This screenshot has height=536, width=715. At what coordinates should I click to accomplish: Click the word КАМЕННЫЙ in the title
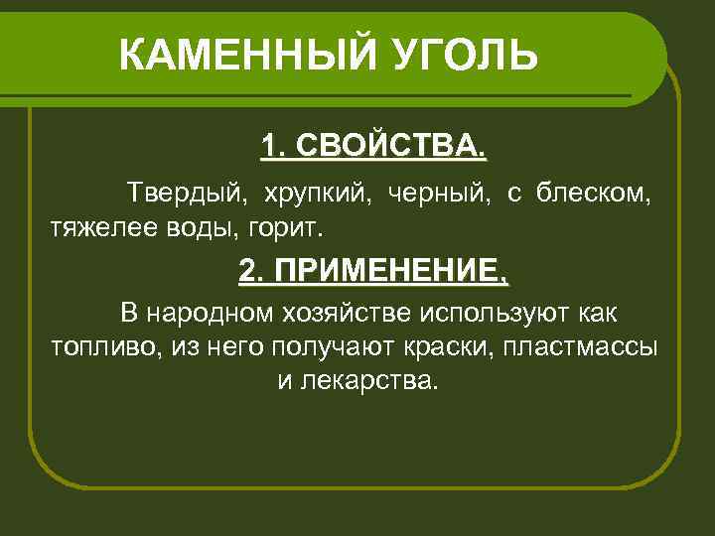click(x=237, y=56)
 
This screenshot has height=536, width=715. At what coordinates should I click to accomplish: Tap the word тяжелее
click(x=98, y=227)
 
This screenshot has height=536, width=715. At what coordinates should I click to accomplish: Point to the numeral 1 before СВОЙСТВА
click(x=268, y=147)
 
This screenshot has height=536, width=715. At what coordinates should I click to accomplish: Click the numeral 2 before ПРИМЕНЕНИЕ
click(x=247, y=270)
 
